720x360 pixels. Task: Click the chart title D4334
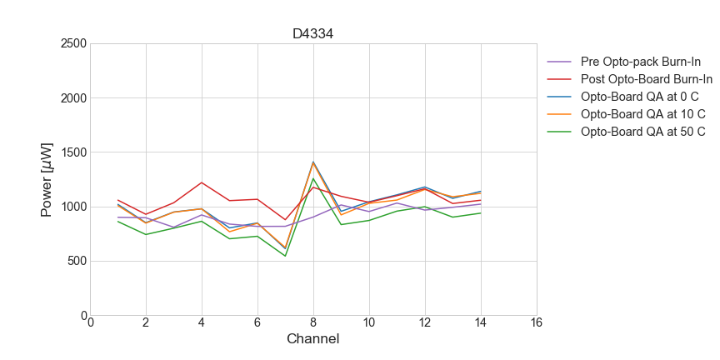pyautogui.click(x=313, y=34)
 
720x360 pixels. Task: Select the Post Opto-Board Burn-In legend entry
pyautogui.click(x=646, y=79)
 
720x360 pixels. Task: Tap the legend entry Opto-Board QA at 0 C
pyautogui.click(x=639, y=97)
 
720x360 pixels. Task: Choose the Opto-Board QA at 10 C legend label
pyautogui.click(x=642, y=114)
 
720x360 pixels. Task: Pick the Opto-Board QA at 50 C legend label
pyautogui.click(x=642, y=132)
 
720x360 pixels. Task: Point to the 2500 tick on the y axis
pyautogui.click(x=73, y=43)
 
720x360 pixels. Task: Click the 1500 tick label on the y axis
pyautogui.click(x=73, y=152)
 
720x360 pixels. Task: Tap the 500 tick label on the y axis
pyautogui.click(x=77, y=261)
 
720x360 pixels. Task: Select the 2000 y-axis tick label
pyautogui.click(x=73, y=98)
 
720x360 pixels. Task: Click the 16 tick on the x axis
pyautogui.click(x=536, y=323)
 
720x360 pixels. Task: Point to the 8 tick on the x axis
pyautogui.click(x=313, y=323)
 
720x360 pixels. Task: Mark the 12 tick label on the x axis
pyautogui.click(x=424, y=323)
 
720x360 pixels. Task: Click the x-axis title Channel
pyautogui.click(x=313, y=339)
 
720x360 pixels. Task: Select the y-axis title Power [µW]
pyautogui.click(x=48, y=179)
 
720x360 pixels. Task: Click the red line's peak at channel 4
pyautogui.click(x=202, y=182)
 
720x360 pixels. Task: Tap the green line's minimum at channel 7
pyautogui.click(x=285, y=256)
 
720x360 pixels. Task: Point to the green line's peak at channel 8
pyautogui.click(x=313, y=178)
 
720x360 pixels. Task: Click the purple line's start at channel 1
pyautogui.click(x=118, y=217)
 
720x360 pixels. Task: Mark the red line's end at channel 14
pyautogui.click(x=480, y=200)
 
